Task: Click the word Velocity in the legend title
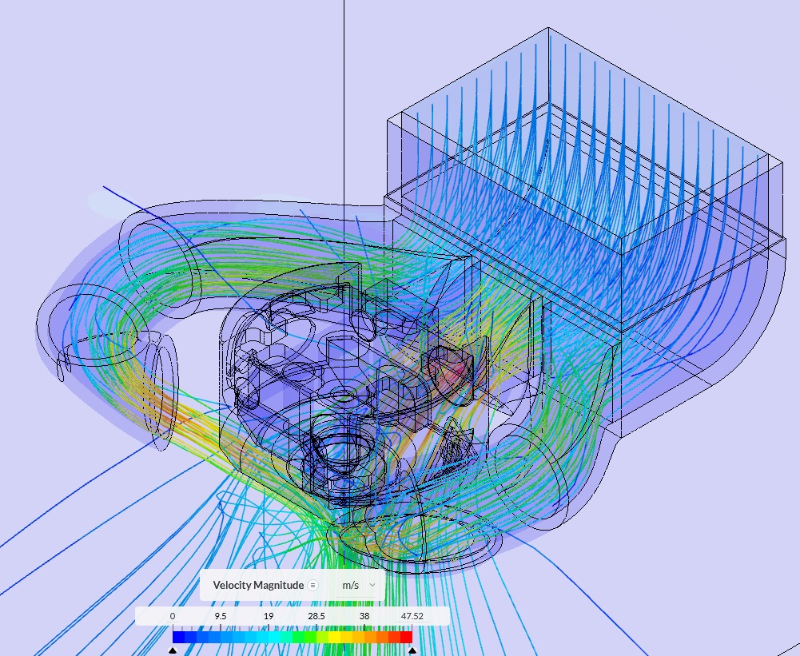pyautogui.click(x=232, y=585)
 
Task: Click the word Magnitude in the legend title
pyautogui.click(x=279, y=585)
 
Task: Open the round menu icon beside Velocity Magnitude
pyautogui.click(x=313, y=585)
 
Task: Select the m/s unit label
pyautogui.click(x=351, y=585)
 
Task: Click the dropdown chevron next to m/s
pyautogui.click(x=372, y=585)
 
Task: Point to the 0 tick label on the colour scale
pyautogui.click(x=173, y=616)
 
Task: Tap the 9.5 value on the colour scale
pyautogui.click(x=220, y=616)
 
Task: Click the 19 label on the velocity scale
pyautogui.click(x=269, y=616)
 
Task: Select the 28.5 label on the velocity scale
pyautogui.click(x=316, y=616)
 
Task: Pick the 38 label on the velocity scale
pyautogui.click(x=364, y=616)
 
